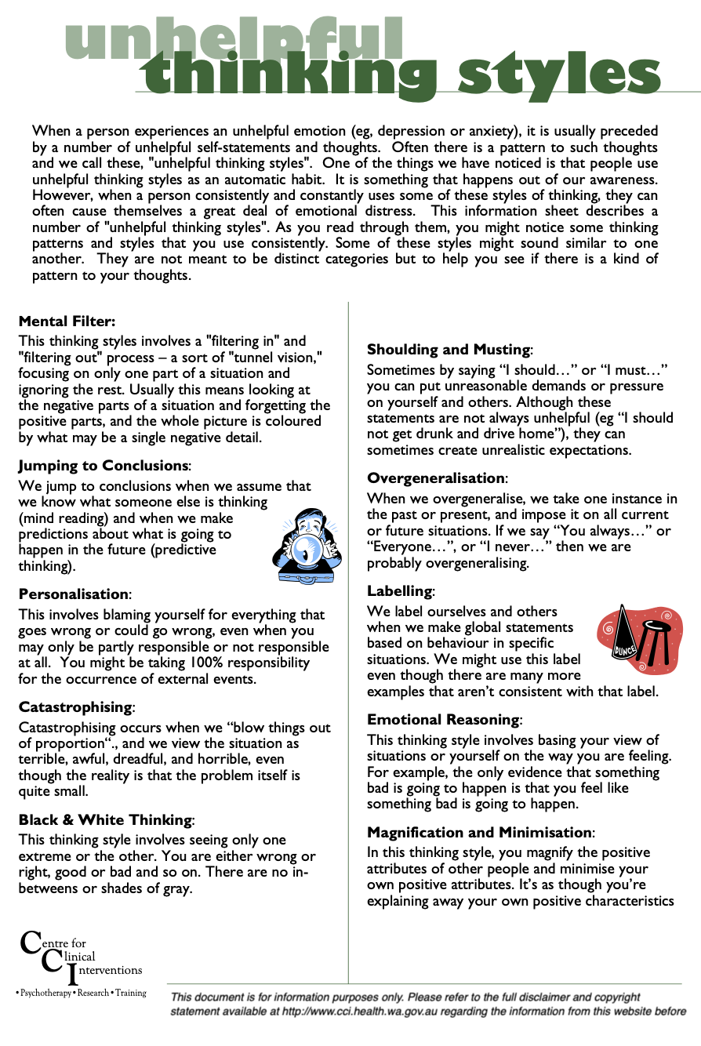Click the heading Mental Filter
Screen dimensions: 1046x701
pos(67,321)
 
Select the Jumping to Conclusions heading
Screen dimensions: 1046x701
pos(104,466)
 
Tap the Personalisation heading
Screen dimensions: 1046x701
pos(74,594)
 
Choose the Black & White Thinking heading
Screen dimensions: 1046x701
pos(105,820)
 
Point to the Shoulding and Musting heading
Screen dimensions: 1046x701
pos(449,350)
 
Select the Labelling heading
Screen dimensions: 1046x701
pos(399,590)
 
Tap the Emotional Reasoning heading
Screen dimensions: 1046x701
pos(443,719)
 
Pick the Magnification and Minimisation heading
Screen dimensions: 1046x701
pos(480,832)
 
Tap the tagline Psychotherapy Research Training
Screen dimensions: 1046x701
pos(81,993)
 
